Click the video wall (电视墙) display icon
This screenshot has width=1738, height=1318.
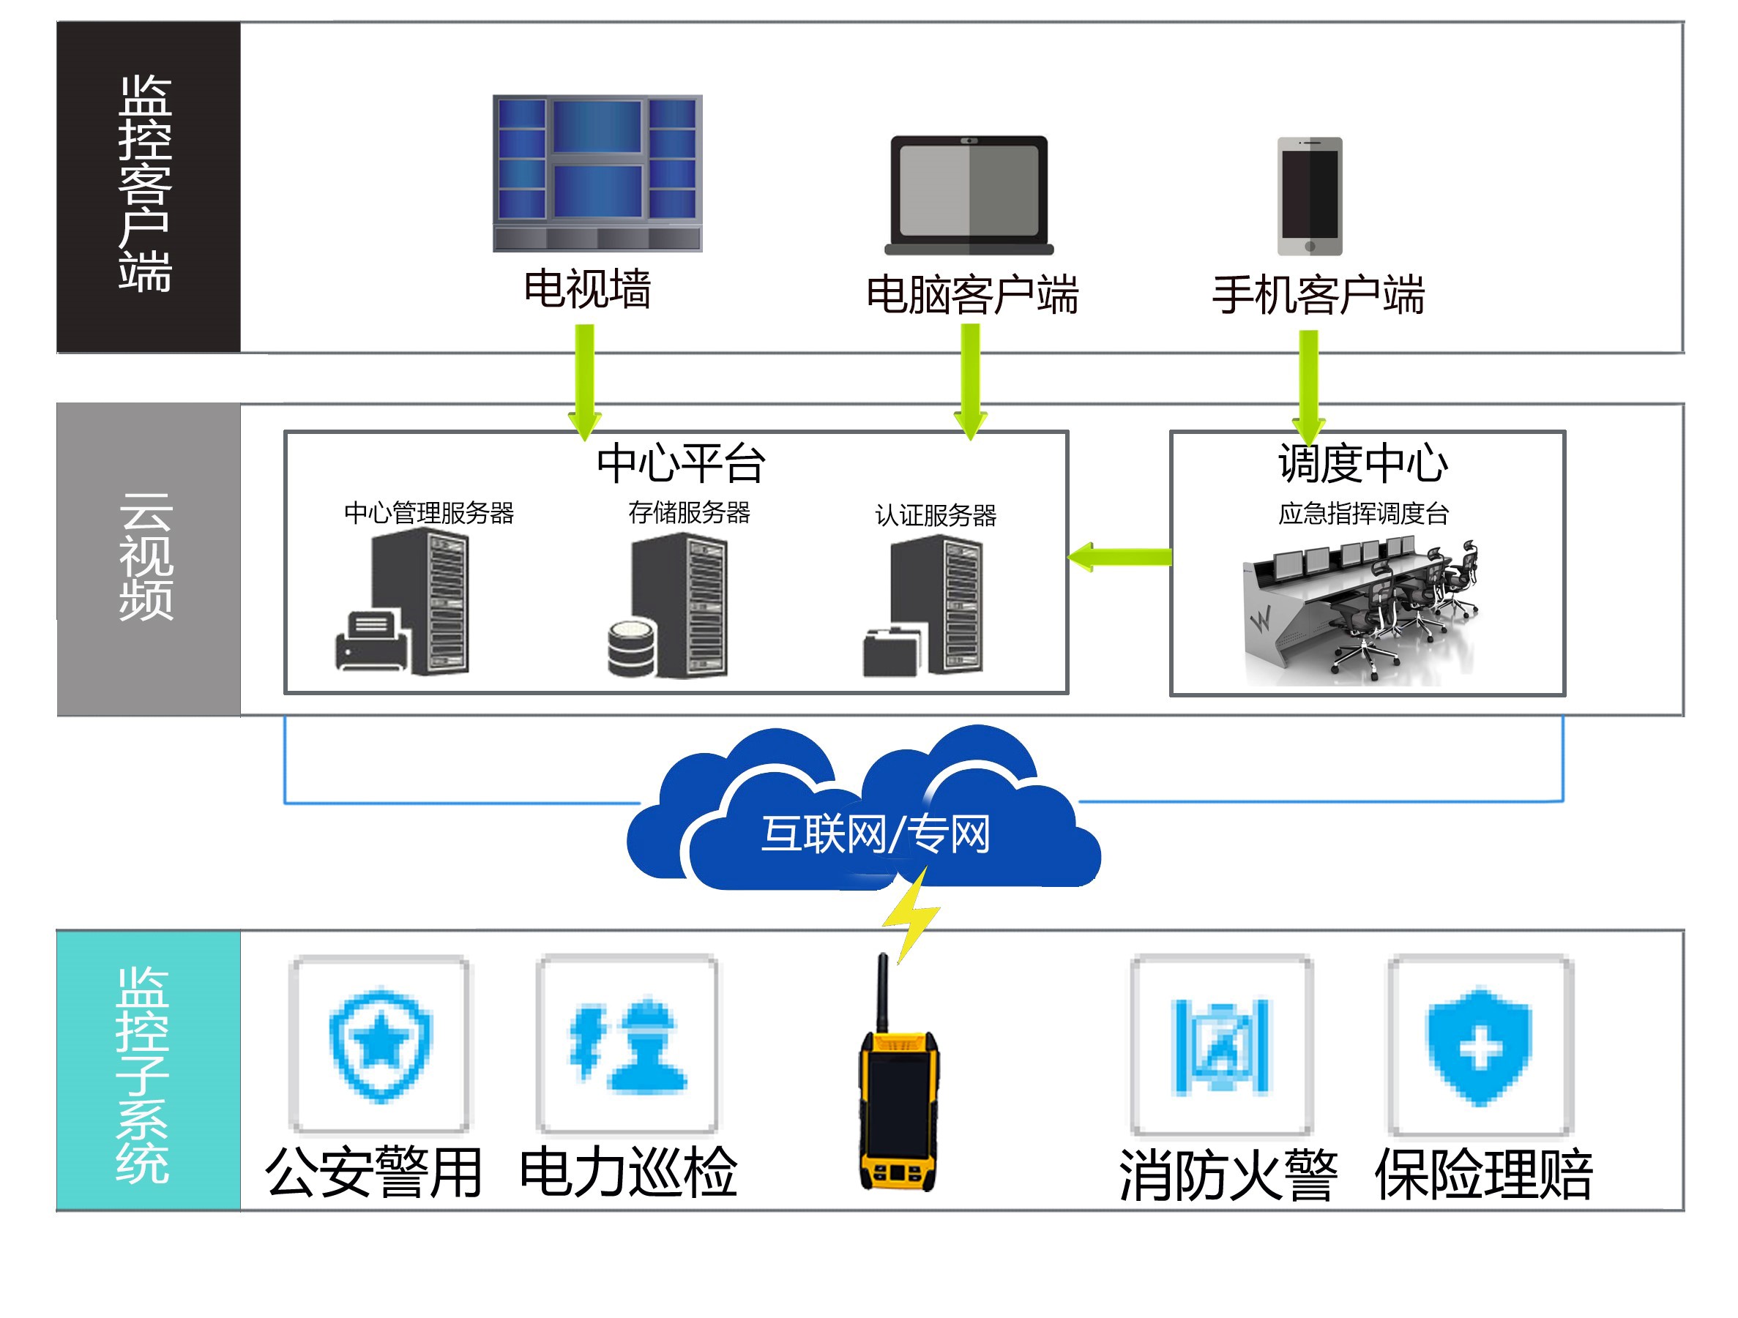[x=597, y=173]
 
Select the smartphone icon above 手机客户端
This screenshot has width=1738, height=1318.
[x=1309, y=196]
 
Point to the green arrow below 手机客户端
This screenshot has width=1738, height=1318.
[x=1308, y=385]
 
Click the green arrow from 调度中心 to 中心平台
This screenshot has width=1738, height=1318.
[x=1119, y=557]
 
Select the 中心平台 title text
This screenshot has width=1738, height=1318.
[x=680, y=463]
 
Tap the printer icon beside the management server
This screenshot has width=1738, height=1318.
[x=372, y=640]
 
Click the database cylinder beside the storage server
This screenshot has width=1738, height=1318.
[x=632, y=648]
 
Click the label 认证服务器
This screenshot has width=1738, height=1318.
[x=935, y=515]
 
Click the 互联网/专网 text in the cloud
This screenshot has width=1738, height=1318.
[x=876, y=834]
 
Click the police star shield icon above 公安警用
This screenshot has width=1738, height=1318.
[x=380, y=1044]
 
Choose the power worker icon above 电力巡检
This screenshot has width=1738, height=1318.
[x=627, y=1044]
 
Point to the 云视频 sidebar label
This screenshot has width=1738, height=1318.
[x=146, y=558]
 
